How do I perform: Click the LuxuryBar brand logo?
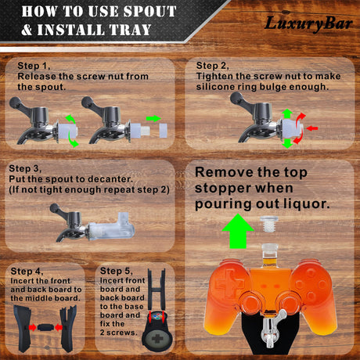(x=308, y=24)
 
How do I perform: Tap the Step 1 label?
(x=34, y=66)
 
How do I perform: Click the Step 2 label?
(x=212, y=66)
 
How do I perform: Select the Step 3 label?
(x=25, y=168)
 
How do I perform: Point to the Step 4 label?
(x=27, y=272)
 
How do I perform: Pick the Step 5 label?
(x=117, y=271)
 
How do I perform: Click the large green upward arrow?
(x=238, y=231)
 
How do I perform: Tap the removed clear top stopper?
(x=269, y=224)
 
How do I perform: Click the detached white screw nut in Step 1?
(x=164, y=131)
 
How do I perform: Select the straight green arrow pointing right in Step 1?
(x=153, y=118)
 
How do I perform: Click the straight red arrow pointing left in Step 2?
(x=312, y=128)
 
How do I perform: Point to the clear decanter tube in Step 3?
(x=112, y=226)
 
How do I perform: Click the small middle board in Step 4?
(x=45, y=327)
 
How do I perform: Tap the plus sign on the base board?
(x=157, y=339)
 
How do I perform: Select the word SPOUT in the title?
(x=149, y=12)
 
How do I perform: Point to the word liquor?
(x=307, y=204)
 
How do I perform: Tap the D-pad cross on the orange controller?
(x=229, y=283)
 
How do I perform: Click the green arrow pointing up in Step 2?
(x=287, y=114)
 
